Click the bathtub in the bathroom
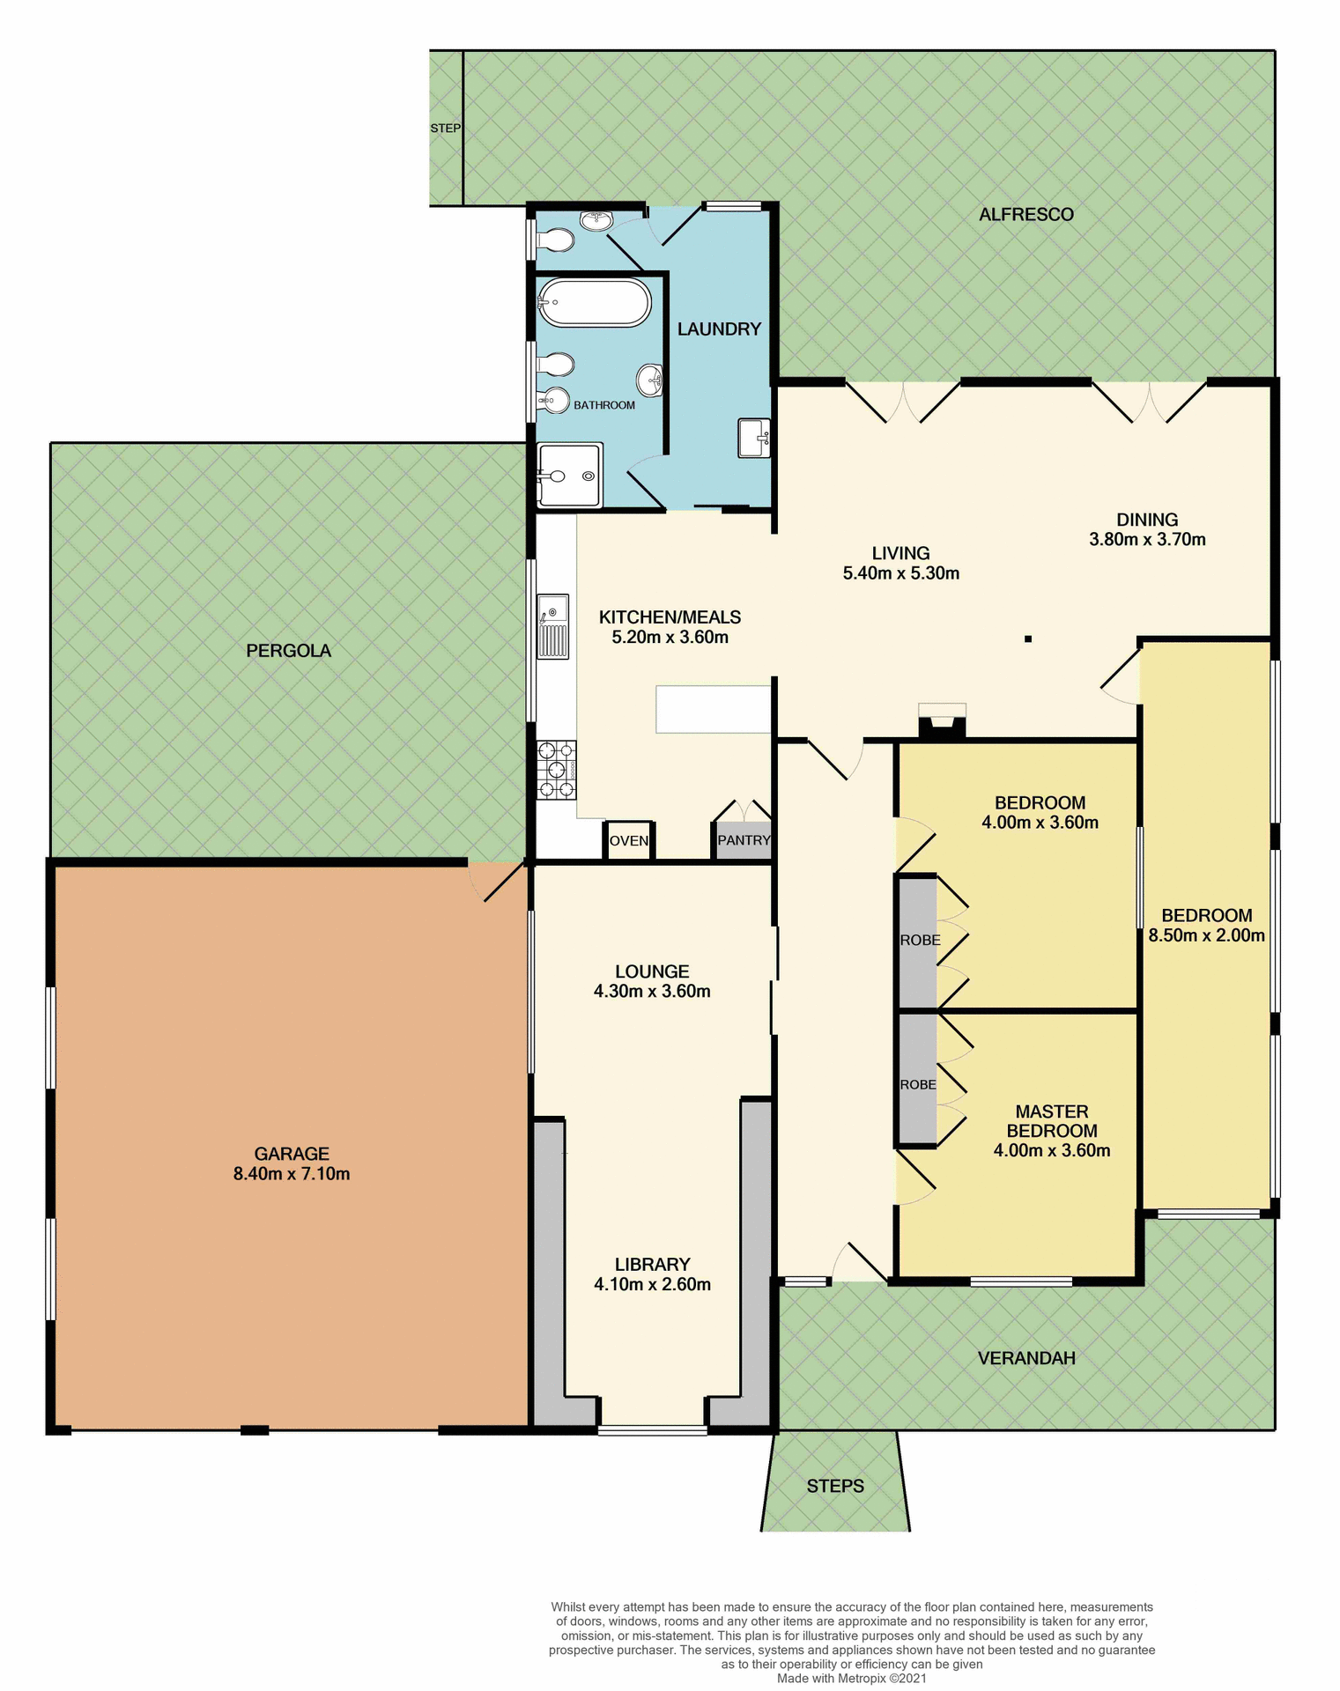pyautogui.click(x=595, y=302)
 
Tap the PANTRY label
pyautogui.click(x=744, y=840)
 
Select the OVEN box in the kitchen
pyautogui.click(x=629, y=840)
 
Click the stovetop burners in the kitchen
pyautogui.click(x=556, y=770)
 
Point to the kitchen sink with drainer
pyautogui.click(x=553, y=626)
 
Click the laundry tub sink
pyautogui.click(x=754, y=438)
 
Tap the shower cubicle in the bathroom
pyautogui.click(x=570, y=476)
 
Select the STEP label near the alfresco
pyautogui.click(x=445, y=129)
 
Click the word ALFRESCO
pyautogui.click(x=1025, y=214)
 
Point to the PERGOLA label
pyautogui.click(x=288, y=651)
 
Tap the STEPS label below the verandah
pyautogui.click(x=835, y=1486)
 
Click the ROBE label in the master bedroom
pyautogui.click(x=918, y=1085)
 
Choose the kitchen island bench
pyautogui.click(x=713, y=709)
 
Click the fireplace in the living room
pyautogui.click(x=942, y=720)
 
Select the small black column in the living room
pyautogui.click(x=1027, y=639)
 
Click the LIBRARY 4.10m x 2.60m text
pyautogui.click(x=652, y=1274)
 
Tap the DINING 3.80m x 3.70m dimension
pyautogui.click(x=1147, y=529)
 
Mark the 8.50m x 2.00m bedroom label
pyautogui.click(x=1206, y=935)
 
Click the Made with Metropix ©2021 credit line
pyautogui.click(x=851, y=1679)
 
